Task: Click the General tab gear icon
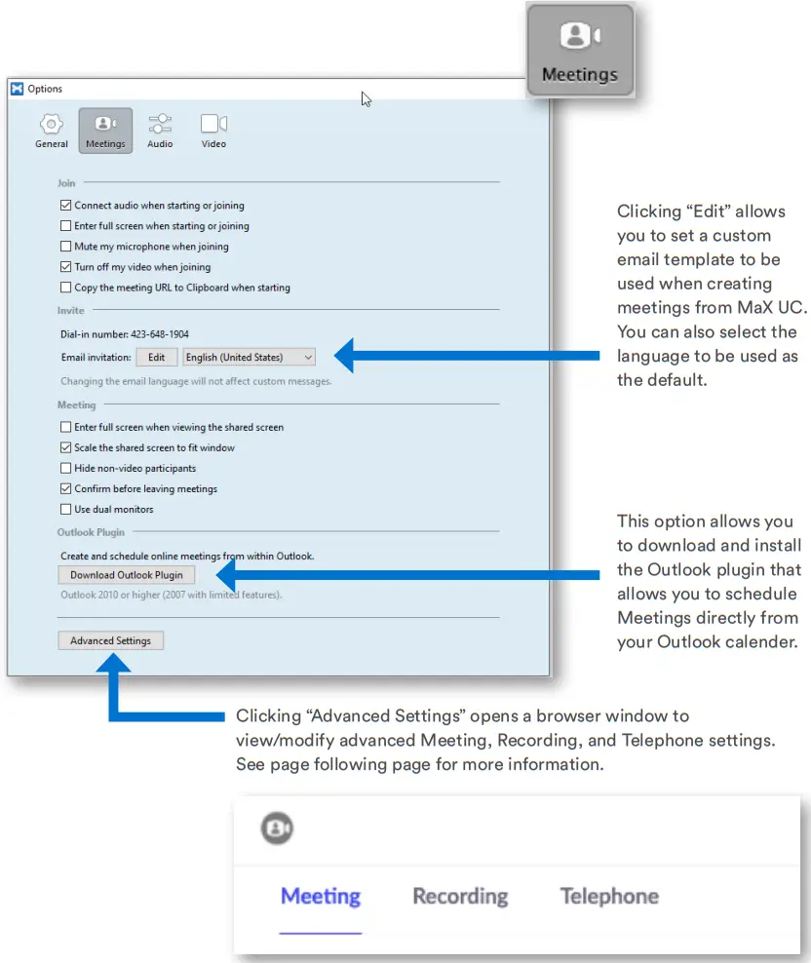[52, 125]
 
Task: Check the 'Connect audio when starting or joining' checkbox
[66, 206]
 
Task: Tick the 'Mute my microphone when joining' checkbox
[66, 247]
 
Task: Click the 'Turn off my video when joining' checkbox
[66, 267]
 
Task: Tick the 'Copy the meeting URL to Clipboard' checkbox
[66, 288]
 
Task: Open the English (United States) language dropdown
[250, 358]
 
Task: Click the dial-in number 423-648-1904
[160, 334]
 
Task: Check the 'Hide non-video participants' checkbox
[66, 469]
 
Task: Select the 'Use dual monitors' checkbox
[66, 510]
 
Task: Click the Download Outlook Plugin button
[126, 575]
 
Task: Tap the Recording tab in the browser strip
[460, 897]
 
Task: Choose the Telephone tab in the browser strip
[609, 897]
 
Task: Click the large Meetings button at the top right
[580, 51]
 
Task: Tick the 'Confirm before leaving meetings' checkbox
[66, 489]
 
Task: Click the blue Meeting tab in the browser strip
[321, 897]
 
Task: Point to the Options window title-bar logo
[17, 89]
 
